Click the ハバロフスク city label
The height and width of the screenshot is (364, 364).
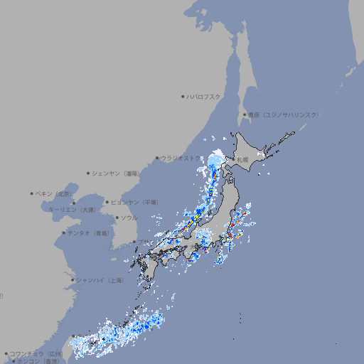coord(204,96)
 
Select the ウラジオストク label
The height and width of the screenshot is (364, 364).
coord(181,158)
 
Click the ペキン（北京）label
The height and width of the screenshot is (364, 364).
coord(55,193)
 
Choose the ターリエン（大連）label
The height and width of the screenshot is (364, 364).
coord(72,210)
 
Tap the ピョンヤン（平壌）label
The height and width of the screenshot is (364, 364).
coord(134,202)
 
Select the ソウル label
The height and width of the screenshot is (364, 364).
coord(129,218)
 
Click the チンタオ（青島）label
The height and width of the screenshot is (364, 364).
coord(88,233)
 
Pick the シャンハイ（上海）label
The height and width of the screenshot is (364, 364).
coord(100,280)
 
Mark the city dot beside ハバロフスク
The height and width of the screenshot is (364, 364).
coord(183,96)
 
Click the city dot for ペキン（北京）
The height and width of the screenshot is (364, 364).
coord(32,193)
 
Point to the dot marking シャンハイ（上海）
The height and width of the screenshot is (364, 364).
coord(73,280)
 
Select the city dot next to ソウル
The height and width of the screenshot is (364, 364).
coord(116,218)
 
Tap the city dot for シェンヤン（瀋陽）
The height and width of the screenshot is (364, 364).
coord(88,173)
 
